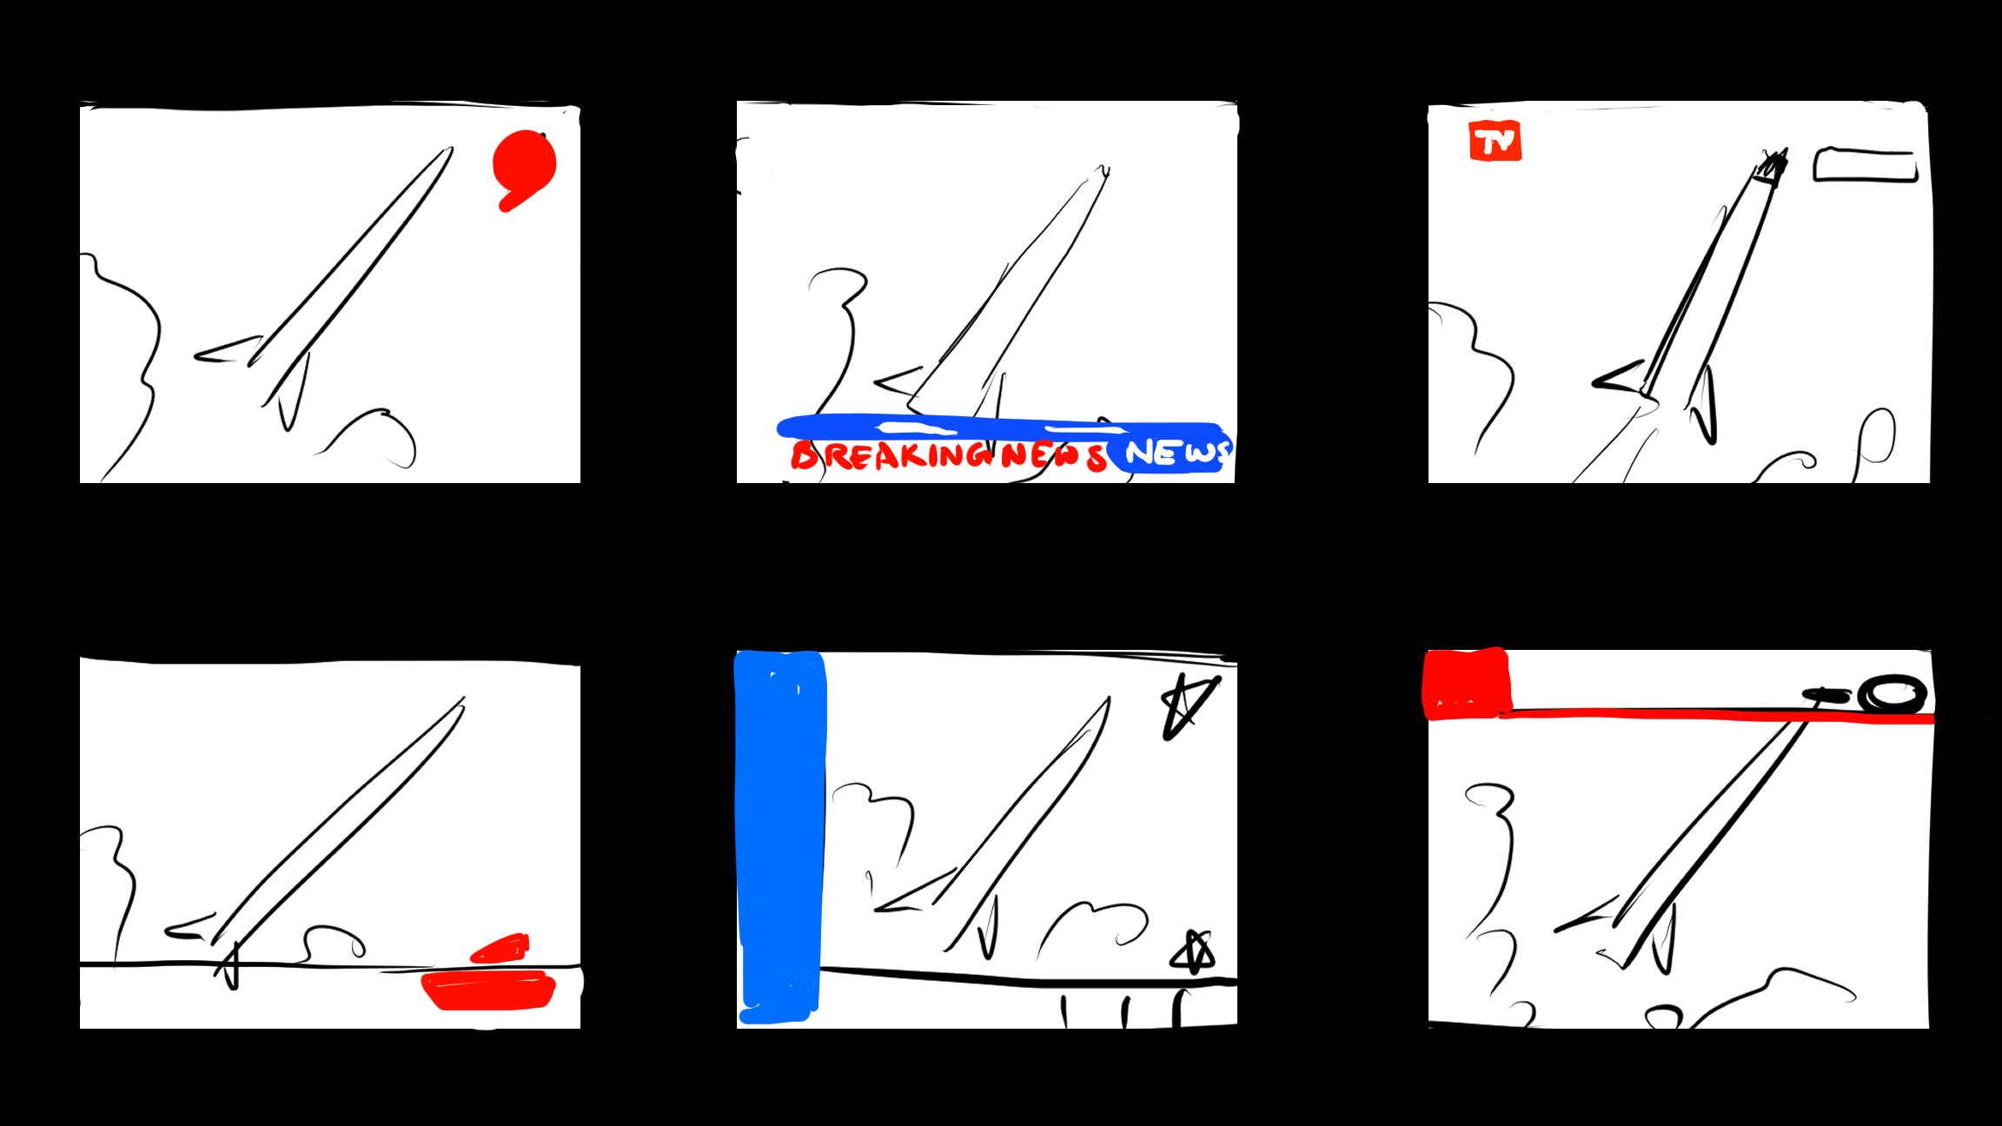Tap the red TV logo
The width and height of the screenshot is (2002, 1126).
pos(1495,141)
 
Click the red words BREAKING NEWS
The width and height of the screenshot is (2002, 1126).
pos(947,455)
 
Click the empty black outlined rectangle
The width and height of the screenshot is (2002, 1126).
pos(1865,165)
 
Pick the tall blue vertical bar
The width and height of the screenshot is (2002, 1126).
pos(779,834)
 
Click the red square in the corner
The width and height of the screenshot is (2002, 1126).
pos(1466,684)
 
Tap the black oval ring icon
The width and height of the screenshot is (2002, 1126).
pos(1892,695)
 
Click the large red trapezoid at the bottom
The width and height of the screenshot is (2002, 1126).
pos(488,990)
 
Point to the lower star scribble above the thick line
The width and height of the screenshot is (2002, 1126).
pos(1193,954)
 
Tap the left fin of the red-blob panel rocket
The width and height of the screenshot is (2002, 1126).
pos(228,350)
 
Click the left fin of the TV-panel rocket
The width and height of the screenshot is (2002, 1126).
pos(1618,377)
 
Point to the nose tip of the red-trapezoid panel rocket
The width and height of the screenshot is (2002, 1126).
pos(462,700)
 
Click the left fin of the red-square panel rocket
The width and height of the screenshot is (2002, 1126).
pos(1588,916)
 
